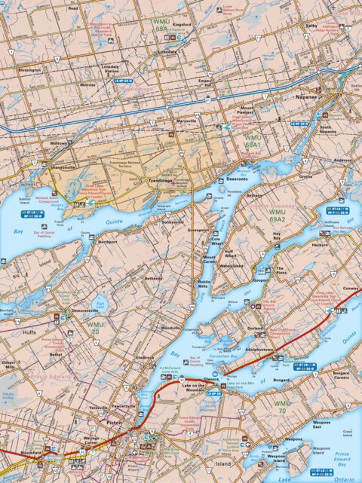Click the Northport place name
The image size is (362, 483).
(x=108, y=242)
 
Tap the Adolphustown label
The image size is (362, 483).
(x=275, y=349)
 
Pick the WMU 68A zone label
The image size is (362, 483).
(x=162, y=26)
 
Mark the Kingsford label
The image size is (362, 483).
(x=182, y=25)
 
